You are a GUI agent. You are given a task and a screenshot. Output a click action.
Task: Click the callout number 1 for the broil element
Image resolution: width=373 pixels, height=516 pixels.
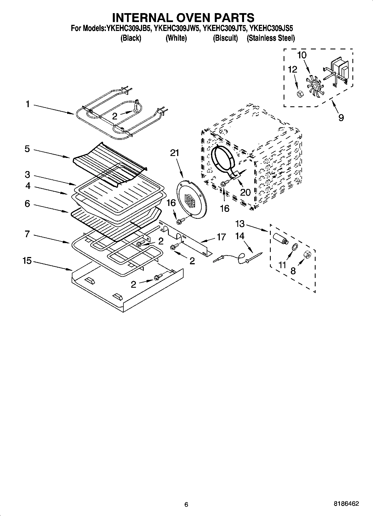(27, 104)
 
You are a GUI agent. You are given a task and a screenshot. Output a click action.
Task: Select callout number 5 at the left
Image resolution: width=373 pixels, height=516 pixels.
(27, 149)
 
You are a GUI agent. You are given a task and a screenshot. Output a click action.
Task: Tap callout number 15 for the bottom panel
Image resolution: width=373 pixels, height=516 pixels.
(27, 261)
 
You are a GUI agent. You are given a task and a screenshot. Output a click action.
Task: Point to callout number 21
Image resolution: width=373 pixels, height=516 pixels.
(175, 153)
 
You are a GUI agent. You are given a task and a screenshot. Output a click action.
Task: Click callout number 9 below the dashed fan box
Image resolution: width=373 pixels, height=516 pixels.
(341, 117)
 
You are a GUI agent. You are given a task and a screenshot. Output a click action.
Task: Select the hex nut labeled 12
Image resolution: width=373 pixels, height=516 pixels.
(300, 94)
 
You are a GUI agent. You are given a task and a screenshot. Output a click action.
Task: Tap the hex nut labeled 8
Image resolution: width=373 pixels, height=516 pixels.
(308, 255)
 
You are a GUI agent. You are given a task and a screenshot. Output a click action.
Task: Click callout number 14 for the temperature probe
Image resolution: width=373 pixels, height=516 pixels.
(240, 236)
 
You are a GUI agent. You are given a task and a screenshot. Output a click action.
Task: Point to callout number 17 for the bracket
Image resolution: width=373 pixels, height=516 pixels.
(221, 237)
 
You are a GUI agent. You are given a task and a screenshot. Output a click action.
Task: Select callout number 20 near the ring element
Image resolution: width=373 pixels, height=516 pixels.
(245, 192)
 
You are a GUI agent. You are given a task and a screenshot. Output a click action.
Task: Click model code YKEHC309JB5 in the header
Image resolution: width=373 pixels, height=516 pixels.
(129, 28)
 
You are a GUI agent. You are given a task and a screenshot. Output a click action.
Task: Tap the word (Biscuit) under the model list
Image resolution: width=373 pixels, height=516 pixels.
(225, 38)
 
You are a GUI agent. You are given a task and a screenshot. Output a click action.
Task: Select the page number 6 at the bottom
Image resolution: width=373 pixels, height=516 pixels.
(186, 504)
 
